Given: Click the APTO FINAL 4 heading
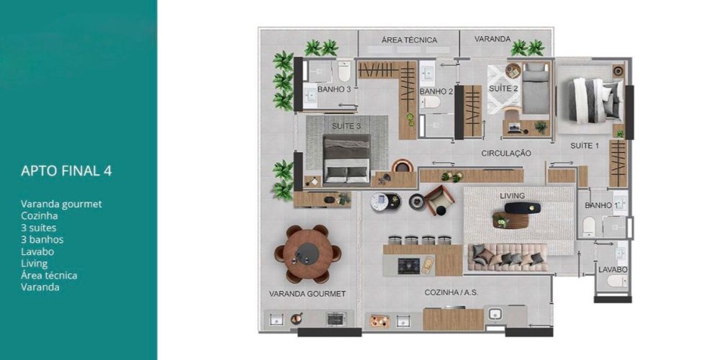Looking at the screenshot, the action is [x=66, y=171].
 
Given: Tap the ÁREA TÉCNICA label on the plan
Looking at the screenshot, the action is [x=409, y=40].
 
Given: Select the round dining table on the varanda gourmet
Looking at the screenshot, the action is [x=307, y=253].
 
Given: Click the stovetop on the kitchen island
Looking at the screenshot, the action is [x=409, y=266].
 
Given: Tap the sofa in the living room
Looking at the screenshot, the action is [x=508, y=257].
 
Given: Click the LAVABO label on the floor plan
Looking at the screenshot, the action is [x=613, y=270].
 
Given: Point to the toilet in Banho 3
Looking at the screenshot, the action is [x=344, y=71].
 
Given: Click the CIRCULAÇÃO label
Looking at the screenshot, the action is [x=506, y=153].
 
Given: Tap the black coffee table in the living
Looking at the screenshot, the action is [x=523, y=208].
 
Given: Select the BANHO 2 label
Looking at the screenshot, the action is [x=436, y=91].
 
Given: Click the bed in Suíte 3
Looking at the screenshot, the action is [x=347, y=159].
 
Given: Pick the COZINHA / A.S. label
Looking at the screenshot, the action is [x=452, y=292].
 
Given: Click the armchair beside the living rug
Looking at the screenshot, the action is [x=439, y=200].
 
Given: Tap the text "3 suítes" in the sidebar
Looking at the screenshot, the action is [x=39, y=228].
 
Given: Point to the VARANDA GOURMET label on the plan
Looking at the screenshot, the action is [x=307, y=294].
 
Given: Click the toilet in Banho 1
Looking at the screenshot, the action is [x=589, y=227].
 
